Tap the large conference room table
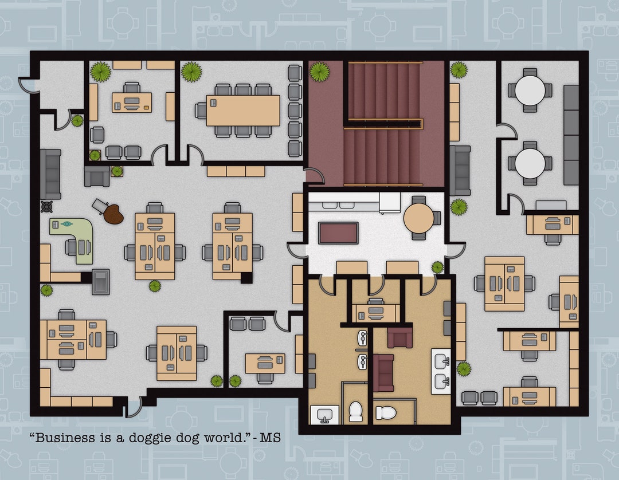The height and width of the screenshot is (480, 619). (243, 111)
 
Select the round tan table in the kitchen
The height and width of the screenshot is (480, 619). (418, 217)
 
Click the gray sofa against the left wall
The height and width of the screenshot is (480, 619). (50, 174)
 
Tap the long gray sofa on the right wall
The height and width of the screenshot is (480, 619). (571, 135)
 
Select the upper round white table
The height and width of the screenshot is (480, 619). (530, 90)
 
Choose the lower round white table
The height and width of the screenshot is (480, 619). (530, 163)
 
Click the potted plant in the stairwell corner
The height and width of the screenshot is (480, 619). (319, 72)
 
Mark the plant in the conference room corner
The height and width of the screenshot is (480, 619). (191, 72)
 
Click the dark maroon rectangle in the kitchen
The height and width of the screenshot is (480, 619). (338, 233)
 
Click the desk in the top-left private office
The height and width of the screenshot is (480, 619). (132, 102)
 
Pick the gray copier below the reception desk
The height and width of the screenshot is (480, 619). (100, 281)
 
